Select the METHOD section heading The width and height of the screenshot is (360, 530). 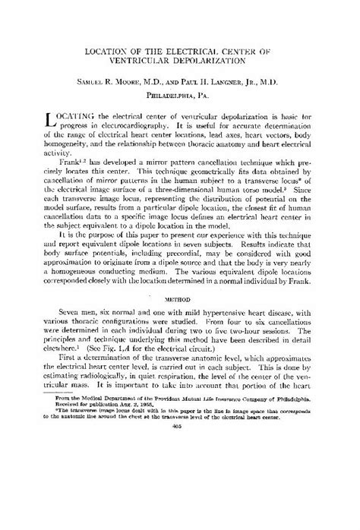180,289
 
